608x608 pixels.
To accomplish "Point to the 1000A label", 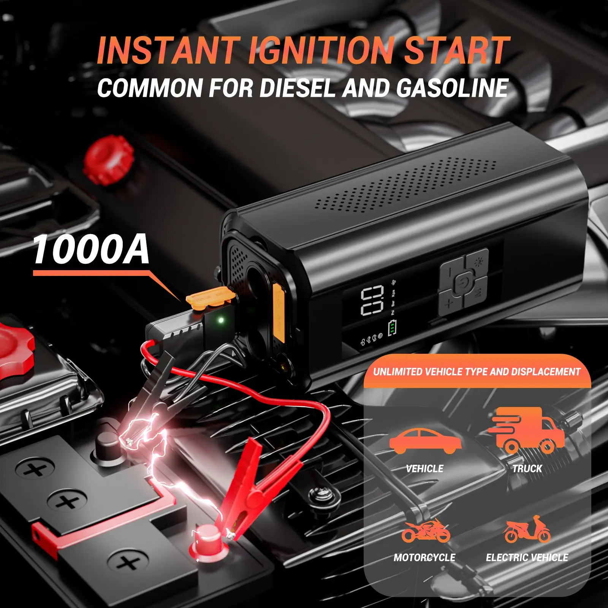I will coord(91,250).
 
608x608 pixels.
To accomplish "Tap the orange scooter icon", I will coord(527,529).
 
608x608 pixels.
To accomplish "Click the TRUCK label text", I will coord(527,469).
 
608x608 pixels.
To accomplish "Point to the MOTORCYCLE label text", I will coord(424,557).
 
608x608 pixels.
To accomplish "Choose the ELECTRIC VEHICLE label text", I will coord(527,557).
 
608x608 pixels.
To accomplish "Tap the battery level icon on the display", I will coord(392,328).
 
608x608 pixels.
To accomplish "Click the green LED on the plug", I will coord(220,320).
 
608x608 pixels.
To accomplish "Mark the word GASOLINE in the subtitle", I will coord(452,88).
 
